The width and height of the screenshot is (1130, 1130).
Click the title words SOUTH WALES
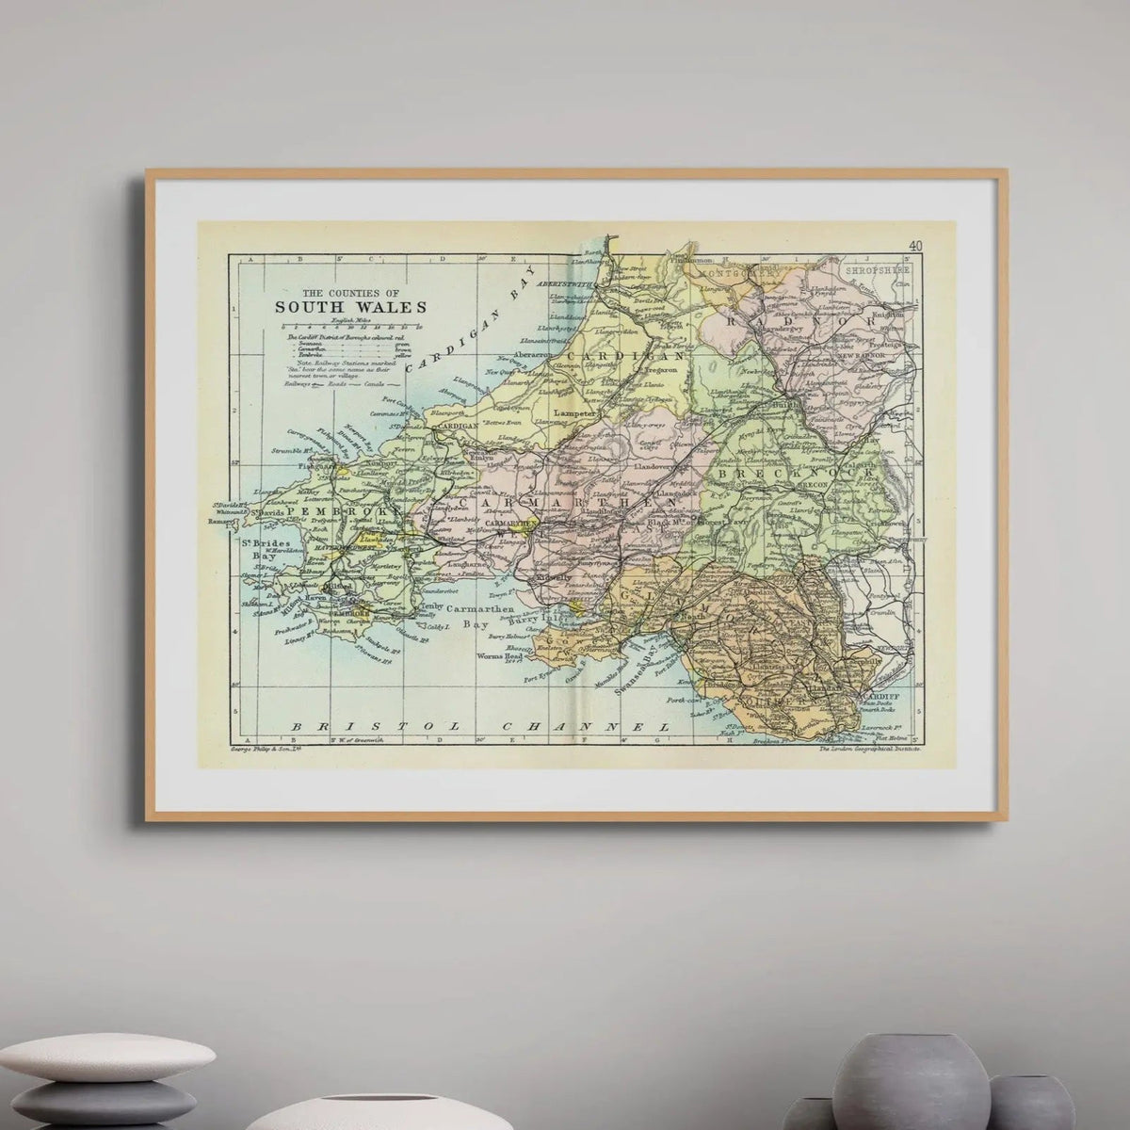point(349,307)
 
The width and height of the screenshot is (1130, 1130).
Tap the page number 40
point(914,247)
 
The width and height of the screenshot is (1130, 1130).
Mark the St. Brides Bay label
point(258,550)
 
